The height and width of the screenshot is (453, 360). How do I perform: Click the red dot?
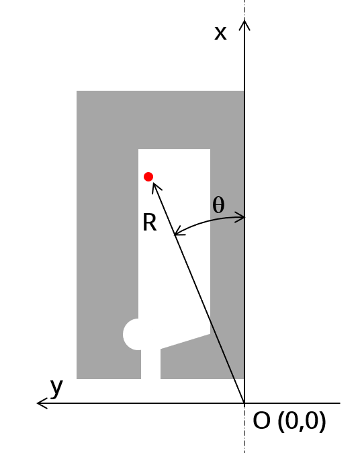pos(148,177)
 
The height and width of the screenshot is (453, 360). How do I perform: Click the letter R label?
pos(150,222)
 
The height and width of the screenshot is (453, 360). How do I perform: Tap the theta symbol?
pos(218,205)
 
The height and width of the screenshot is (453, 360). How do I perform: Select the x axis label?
pos(220,33)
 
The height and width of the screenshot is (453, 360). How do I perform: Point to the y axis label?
pos(56,388)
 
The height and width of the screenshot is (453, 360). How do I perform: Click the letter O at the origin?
pos(261,421)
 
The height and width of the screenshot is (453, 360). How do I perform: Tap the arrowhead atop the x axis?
pos(244,24)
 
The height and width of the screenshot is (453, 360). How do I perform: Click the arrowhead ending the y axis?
pos(42,403)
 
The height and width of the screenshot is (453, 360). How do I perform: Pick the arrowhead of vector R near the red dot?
pos(156,188)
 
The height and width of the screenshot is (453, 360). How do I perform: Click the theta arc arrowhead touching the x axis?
pos(240,217)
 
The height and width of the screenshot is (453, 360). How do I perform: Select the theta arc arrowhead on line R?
pos(179,231)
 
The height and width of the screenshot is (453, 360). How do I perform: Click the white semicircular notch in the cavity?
pos(130,334)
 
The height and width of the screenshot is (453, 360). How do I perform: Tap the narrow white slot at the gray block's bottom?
pos(150,364)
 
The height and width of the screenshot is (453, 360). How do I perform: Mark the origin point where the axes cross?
pos(244,403)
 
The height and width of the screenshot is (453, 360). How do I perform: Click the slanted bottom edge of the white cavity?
pos(185,341)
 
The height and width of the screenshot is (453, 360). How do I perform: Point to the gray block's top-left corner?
pos(77,91)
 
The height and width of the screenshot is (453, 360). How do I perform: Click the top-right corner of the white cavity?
pos(210,149)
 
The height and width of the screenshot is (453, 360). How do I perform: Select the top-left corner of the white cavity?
pos(138,149)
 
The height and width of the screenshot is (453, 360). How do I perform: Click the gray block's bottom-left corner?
pos(77,379)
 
